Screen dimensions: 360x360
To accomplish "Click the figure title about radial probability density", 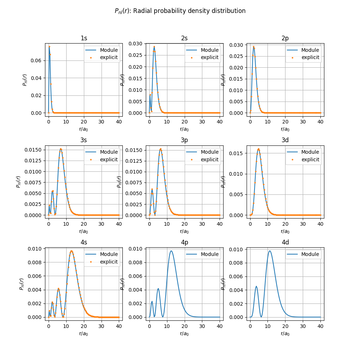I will point(180,11).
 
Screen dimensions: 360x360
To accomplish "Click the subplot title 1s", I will point(84,38).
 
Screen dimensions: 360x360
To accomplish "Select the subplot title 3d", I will point(285,140).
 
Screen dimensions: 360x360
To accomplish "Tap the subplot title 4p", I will point(184,242).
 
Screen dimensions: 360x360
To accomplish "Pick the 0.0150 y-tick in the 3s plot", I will point(34,150).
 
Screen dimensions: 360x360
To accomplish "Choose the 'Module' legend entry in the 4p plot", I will point(210,254).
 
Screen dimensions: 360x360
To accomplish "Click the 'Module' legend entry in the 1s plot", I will point(109,50).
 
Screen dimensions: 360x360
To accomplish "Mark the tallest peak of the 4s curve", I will point(71,251).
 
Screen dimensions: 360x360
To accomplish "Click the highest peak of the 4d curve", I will point(270,251).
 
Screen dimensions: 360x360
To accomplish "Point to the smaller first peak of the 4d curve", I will point(256,287).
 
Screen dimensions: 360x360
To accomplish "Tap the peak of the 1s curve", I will point(49,46).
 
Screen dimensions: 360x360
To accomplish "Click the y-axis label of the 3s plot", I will point(18,181).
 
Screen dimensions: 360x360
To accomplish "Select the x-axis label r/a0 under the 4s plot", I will point(84,333).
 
